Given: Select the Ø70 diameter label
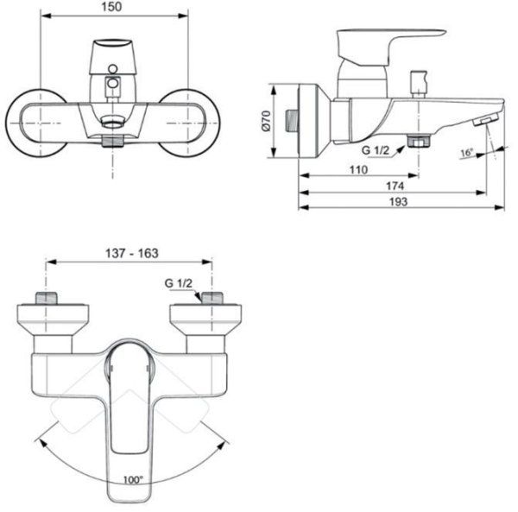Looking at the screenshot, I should point(268,121).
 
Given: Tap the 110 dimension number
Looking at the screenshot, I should point(358,169).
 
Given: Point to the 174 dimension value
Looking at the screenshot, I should point(394,186).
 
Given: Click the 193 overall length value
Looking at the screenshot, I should point(396,201).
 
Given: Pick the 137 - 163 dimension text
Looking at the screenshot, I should point(129,253).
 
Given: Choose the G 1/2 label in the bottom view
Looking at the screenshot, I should point(178,282).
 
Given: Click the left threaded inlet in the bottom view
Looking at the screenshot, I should point(47,299).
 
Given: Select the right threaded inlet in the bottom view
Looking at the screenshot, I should point(211,299).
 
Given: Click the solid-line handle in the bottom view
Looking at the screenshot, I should point(129,423).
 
